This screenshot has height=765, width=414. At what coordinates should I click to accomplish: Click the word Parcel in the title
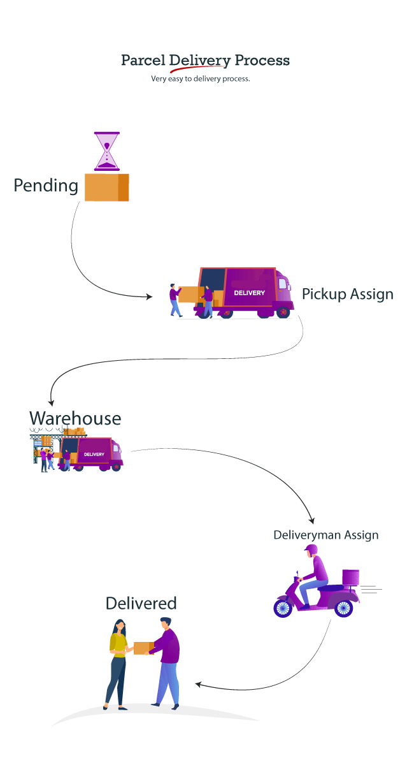tap(143, 61)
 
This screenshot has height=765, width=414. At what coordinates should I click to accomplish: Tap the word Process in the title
tap(262, 61)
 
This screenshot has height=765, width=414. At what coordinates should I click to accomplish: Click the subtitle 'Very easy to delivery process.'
tap(200, 79)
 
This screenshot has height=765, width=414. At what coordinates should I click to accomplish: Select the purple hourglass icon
tap(107, 151)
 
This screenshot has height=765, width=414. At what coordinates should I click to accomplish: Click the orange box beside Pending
tap(107, 187)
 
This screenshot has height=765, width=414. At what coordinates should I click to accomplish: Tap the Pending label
tap(46, 186)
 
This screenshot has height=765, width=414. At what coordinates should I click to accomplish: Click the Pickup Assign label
tap(347, 294)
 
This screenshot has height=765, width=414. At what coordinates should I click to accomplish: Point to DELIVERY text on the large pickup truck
tap(249, 293)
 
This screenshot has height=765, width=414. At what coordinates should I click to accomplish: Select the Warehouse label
tap(75, 418)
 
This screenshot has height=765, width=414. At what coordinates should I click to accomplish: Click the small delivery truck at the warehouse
tap(96, 454)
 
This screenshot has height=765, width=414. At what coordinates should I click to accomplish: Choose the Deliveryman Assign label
tap(325, 535)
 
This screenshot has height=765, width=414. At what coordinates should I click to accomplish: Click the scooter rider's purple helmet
tap(311, 550)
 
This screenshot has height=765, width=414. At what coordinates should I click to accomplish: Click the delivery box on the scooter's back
tap(350, 578)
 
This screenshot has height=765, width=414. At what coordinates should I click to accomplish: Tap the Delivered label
tap(141, 603)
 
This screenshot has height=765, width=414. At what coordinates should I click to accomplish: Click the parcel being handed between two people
tap(141, 648)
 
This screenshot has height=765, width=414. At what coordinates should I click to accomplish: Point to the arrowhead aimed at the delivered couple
tap(199, 684)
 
